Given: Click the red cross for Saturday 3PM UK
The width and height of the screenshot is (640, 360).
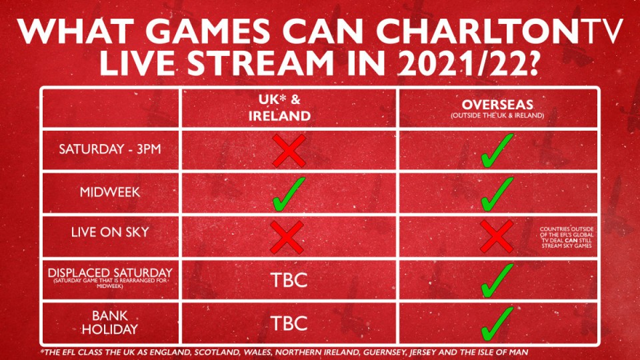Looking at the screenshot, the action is pyautogui.click(x=289, y=151).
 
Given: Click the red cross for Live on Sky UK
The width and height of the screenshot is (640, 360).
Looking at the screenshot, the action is pyautogui.click(x=287, y=237).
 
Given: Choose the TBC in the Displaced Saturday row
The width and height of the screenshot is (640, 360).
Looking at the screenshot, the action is pyautogui.click(x=289, y=280).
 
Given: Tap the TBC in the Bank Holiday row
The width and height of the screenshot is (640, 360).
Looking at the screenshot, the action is pyautogui.click(x=289, y=323).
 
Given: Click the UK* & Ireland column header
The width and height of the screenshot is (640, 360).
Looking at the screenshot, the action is pyautogui.click(x=279, y=108).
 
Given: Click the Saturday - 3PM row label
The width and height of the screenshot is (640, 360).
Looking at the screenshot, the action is pyautogui.click(x=110, y=149).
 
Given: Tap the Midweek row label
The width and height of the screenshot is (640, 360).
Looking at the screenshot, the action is pyautogui.click(x=110, y=192).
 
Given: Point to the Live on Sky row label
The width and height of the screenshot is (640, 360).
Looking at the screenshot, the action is pyautogui.click(x=110, y=232).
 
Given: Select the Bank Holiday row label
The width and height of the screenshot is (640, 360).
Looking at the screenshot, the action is pyautogui.click(x=110, y=323).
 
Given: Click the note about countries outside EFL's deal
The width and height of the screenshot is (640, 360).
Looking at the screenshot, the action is pyautogui.click(x=567, y=237).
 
